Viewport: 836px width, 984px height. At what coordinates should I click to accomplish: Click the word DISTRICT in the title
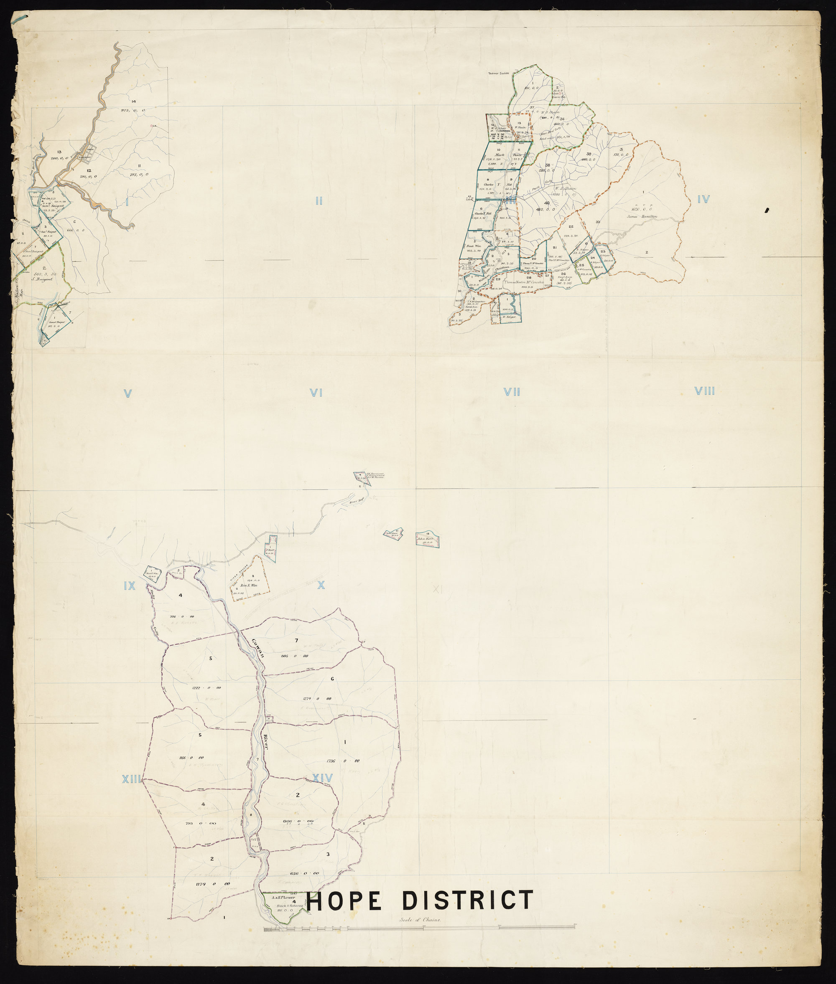point(467,900)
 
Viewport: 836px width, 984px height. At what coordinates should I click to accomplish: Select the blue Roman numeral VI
point(316,393)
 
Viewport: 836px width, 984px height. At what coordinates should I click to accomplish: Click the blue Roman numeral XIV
point(322,778)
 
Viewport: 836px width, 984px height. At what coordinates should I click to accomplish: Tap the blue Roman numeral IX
point(130,586)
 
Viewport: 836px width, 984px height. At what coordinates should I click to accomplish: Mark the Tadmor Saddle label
point(497,74)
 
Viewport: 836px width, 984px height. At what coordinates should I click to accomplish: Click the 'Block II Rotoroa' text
point(283,906)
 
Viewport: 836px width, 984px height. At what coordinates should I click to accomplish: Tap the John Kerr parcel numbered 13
point(428,539)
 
